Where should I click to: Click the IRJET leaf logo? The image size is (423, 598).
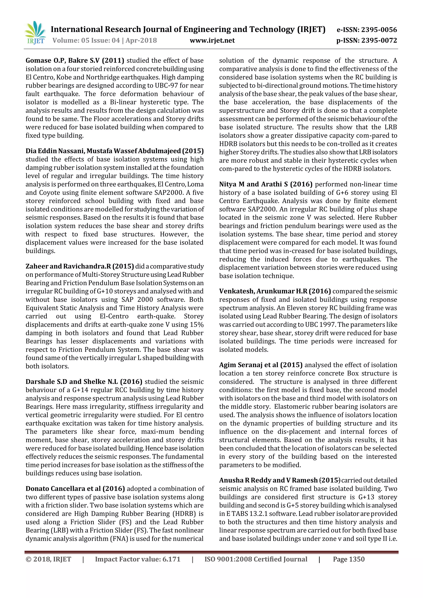tap(35, 33)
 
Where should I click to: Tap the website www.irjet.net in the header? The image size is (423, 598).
tap(212, 40)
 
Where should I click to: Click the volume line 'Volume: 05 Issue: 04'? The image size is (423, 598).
tap(86, 40)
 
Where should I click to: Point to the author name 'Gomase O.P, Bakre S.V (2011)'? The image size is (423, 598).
tap(75, 61)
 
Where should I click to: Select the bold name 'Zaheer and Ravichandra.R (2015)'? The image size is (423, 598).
tap(80, 266)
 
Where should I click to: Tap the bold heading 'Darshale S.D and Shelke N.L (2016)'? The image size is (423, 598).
tap(84, 382)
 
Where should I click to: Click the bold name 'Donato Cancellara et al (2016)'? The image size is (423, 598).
tap(75, 489)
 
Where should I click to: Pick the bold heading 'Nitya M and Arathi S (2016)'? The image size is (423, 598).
tap(266, 184)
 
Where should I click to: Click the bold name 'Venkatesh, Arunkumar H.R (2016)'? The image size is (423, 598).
tap(275, 291)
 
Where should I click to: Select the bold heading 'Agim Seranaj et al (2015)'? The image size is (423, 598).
tap(261, 365)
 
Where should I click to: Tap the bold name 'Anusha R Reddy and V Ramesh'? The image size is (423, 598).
tap(268, 480)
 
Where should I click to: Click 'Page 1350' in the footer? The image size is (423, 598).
tap(348, 559)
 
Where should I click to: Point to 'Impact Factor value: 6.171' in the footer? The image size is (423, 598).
tap(138, 559)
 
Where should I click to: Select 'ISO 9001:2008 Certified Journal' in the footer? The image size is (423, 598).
tap(256, 559)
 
